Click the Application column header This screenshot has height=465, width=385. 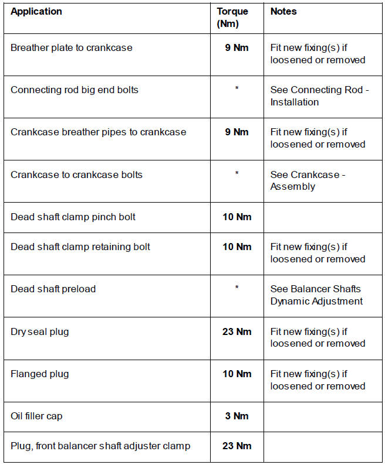pyautogui.click(x=36, y=11)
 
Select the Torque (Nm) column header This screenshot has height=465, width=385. pyautogui.click(x=232, y=18)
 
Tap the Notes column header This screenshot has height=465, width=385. pyautogui.click(x=283, y=11)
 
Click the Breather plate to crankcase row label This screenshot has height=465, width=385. pyautogui.click(x=72, y=47)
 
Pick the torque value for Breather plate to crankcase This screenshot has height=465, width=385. pyautogui.click(x=237, y=47)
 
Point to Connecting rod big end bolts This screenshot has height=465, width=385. pyautogui.click(x=75, y=90)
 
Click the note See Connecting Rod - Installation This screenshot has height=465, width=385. pyautogui.click(x=319, y=96)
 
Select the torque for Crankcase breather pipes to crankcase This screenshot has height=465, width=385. pyautogui.click(x=237, y=132)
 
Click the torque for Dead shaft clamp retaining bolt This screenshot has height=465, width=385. pyautogui.click(x=237, y=247)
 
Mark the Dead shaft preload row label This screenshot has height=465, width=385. pyautogui.click(x=53, y=289)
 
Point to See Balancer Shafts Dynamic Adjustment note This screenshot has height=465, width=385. pyautogui.click(x=316, y=295)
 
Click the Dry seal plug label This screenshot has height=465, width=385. pyautogui.click(x=39, y=331)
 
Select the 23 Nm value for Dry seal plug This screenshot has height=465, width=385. pyautogui.click(x=237, y=331)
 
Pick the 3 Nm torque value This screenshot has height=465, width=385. pyautogui.click(x=237, y=416)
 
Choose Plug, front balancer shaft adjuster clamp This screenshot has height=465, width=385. pyautogui.click(x=100, y=446)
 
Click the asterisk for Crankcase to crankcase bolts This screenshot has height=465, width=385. pyautogui.click(x=237, y=174)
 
